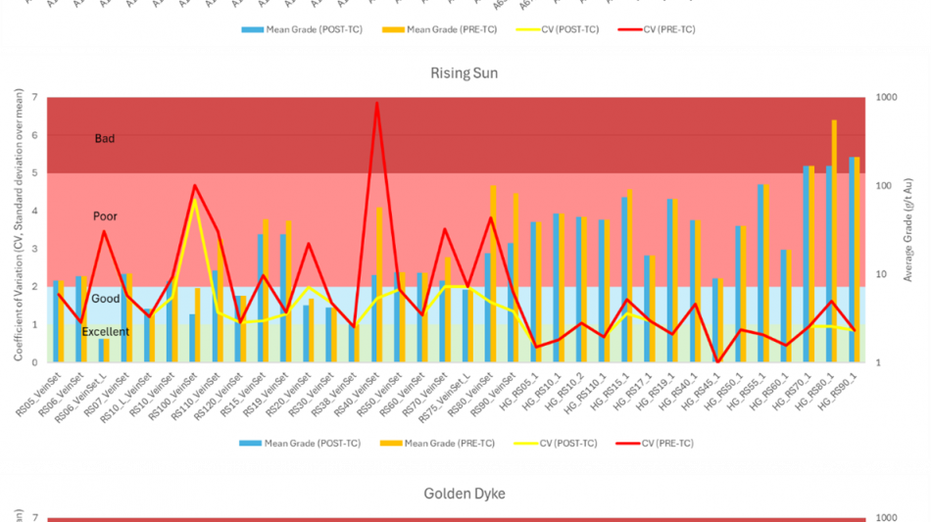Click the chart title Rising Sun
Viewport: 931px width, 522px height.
pos(465,73)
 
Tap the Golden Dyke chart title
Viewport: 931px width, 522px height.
pos(465,494)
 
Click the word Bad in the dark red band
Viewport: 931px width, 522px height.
pos(105,139)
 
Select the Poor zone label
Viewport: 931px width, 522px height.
pos(105,216)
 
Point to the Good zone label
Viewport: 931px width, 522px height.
pos(105,299)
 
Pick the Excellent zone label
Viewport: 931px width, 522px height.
pos(105,332)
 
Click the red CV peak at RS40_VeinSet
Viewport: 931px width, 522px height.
pos(376,104)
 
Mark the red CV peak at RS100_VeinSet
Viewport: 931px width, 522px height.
pos(194,186)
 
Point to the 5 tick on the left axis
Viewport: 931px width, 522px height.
pos(34,173)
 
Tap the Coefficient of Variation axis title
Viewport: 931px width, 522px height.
pos(19,229)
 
